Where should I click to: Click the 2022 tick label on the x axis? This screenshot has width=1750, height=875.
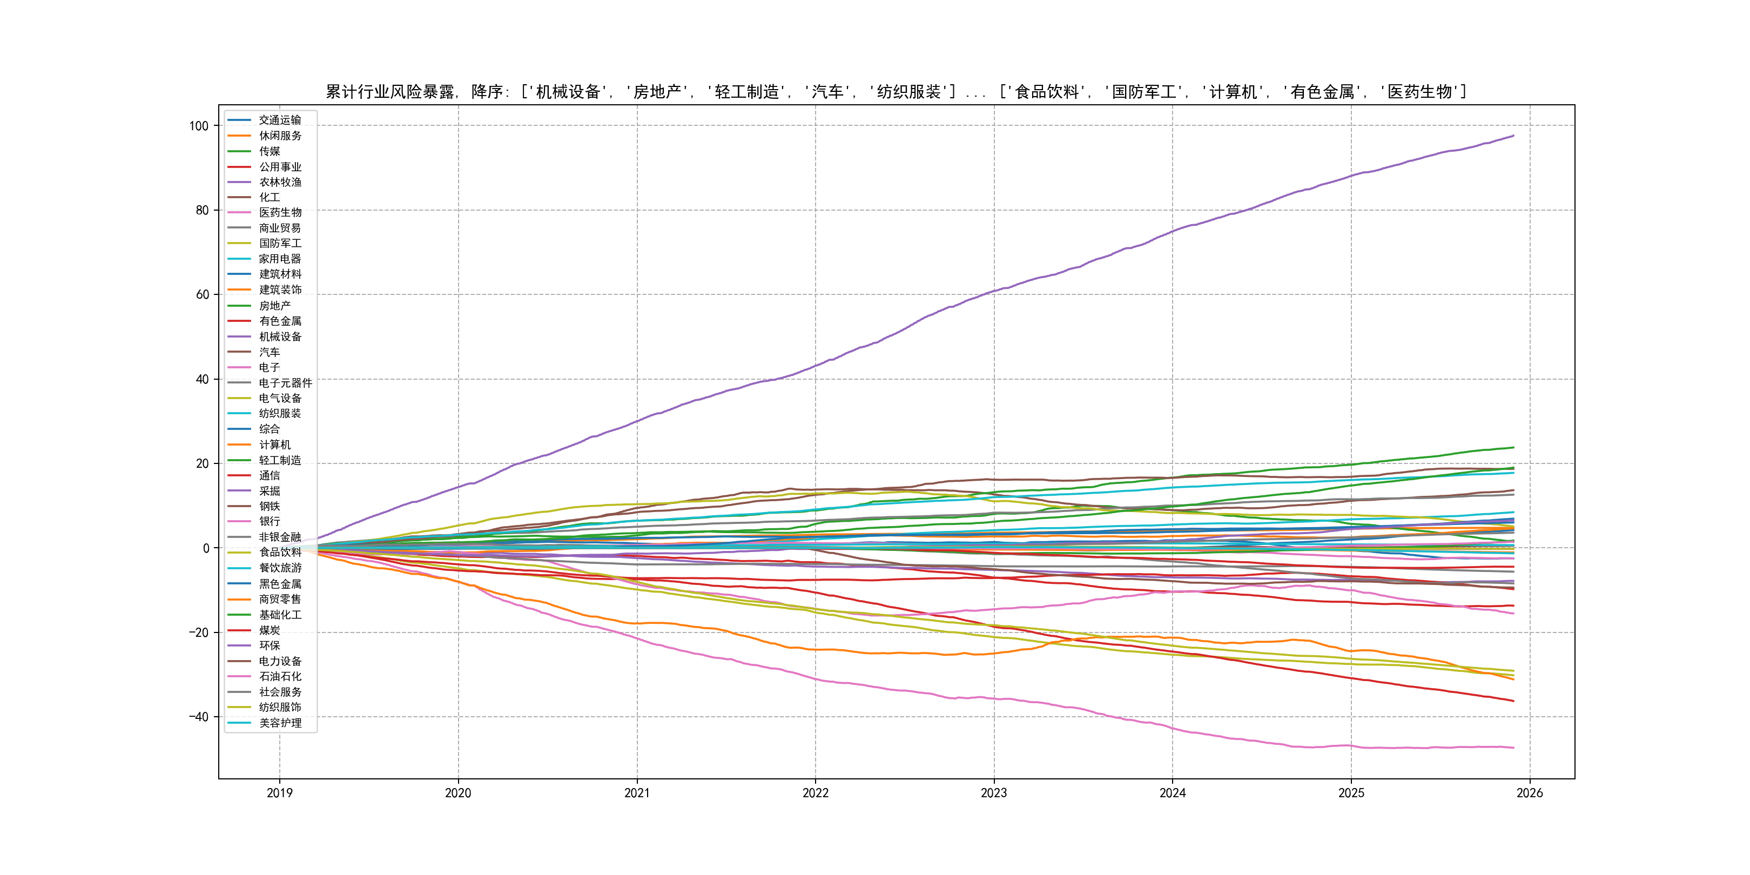[815, 793]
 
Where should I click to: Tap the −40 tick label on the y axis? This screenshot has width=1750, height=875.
[198, 717]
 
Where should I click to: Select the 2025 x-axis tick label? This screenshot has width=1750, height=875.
[1350, 793]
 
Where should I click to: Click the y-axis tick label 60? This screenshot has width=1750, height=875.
[202, 295]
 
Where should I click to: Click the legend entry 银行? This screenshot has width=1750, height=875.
[269, 521]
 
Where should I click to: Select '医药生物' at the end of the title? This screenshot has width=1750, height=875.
[1419, 92]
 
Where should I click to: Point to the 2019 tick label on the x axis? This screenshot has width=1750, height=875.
[279, 793]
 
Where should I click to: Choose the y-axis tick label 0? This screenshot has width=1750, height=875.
[206, 548]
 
